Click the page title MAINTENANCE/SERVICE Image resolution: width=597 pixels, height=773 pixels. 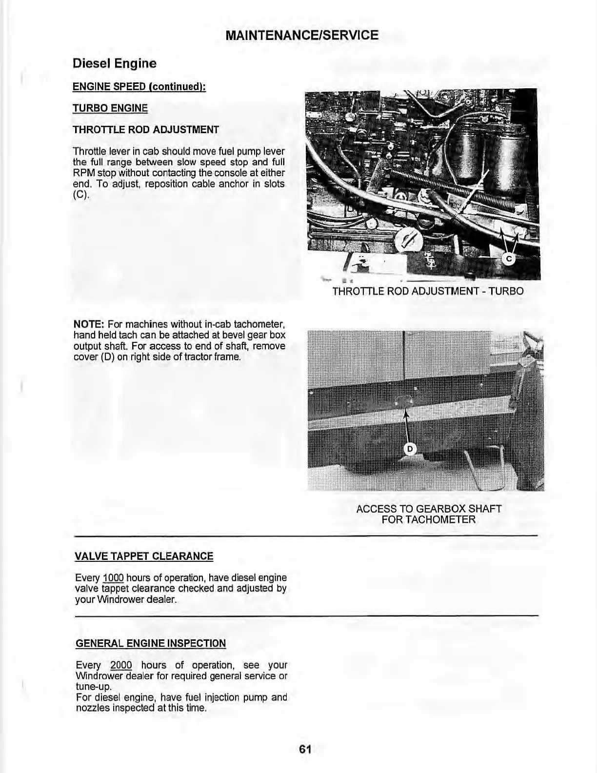coord(302,35)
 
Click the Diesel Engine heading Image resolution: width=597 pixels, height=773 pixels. coord(114,63)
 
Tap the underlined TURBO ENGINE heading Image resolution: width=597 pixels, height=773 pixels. coord(110,108)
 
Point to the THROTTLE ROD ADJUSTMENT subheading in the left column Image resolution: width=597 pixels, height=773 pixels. coord(145,130)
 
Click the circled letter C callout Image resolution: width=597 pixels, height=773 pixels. coord(508,259)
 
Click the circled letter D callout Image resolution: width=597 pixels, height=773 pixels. coord(410,449)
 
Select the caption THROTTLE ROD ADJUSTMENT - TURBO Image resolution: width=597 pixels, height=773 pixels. coord(428,291)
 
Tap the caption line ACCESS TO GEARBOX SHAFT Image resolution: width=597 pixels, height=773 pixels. coord(429,509)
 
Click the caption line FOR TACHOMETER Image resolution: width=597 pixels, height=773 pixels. coord(428,519)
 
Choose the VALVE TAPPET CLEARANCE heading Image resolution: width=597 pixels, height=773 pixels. coord(144,556)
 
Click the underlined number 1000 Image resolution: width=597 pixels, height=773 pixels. coord(113,578)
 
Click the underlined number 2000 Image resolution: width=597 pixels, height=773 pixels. coord(121,665)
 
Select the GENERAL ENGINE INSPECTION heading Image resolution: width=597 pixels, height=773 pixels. coord(151,643)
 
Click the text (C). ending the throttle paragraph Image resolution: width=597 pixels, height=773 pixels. coord(79,195)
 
